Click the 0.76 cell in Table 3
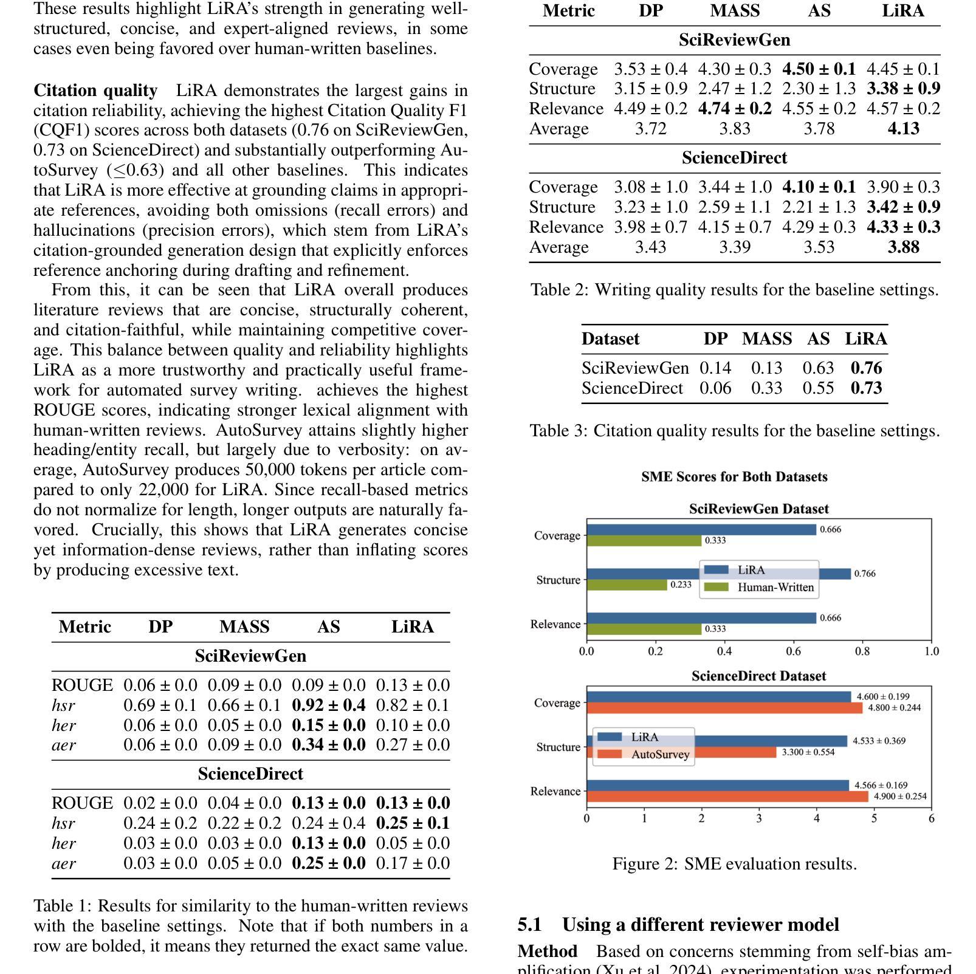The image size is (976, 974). click(x=866, y=368)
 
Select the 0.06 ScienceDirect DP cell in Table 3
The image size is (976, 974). click(x=715, y=388)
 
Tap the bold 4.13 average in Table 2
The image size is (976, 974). click(x=903, y=129)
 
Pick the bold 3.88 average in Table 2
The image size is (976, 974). click(x=903, y=247)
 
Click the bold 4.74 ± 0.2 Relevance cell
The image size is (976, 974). click(x=735, y=109)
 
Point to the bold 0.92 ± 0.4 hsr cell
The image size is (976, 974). click(x=329, y=705)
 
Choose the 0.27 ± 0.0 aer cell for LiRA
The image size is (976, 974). click(x=413, y=745)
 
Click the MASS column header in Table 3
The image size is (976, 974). click(x=766, y=339)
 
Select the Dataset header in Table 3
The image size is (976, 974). click(x=610, y=339)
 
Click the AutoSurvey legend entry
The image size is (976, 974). click(x=660, y=755)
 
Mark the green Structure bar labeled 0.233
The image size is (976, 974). click(x=627, y=585)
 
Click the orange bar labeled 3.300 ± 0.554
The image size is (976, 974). click(x=681, y=752)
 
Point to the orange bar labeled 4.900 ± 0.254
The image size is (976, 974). click(x=727, y=797)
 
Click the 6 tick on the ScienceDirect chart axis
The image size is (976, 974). click(x=931, y=818)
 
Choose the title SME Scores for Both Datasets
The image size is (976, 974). click(x=734, y=477)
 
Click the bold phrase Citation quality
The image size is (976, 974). click(x=95, y=91)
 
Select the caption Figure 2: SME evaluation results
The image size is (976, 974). click(x=734, y=864)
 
